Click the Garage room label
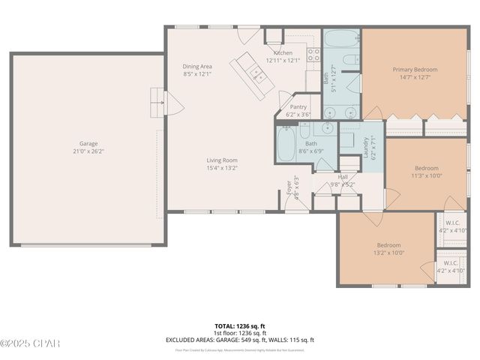point(88,143)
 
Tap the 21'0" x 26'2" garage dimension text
point(88,151)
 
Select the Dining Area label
point(197,66)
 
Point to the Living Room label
point(222,160)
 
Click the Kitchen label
point(283,53)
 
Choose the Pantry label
point(298,107)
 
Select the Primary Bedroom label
point(415,70)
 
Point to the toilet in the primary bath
point(349,61)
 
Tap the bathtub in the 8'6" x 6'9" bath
point(286,144)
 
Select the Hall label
point(343,176)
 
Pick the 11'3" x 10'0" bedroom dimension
point(426,175)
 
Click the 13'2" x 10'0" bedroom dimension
point(388,253)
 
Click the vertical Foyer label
point(289,187)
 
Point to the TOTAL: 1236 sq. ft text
point(239,326)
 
